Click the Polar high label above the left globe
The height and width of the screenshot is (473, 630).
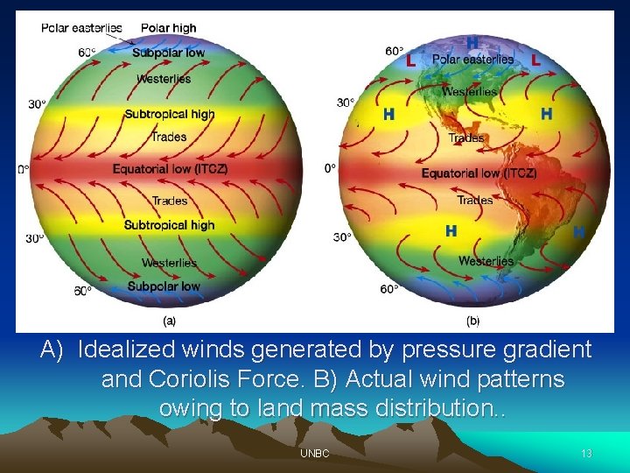[x=168, y=28]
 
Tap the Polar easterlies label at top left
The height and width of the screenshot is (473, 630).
[x=81, y=28]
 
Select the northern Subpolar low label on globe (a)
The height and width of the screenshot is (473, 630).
[x=168, y=53]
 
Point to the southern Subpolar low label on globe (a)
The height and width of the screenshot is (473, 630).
[x=164, y=286]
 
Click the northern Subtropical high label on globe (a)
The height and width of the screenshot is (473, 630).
[x=169, y=114]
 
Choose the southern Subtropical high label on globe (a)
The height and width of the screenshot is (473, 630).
[x=169, y=225]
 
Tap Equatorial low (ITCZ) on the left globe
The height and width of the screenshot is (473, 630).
[x=170, y=168]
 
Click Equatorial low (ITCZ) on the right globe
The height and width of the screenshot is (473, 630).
[x=479, y=173]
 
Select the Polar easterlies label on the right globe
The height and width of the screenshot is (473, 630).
[x=472, y=60]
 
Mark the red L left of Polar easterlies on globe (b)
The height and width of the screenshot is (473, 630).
[x=410, y=61]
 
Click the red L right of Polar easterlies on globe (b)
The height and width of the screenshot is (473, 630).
[x=535, y=60]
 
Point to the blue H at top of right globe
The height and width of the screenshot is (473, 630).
[x=472, y=42]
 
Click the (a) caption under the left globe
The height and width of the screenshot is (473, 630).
[x=169, y=321]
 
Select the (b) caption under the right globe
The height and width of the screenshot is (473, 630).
[x=472, y=321]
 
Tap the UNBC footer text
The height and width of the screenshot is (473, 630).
[x=314, y=454]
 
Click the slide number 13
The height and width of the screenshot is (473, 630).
[x=586, y=454]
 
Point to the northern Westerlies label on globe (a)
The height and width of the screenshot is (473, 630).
[x=164, y=79]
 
